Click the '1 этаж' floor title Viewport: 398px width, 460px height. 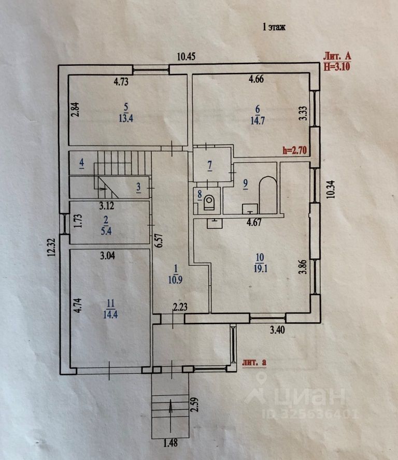274,27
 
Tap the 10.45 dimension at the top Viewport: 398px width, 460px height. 188,57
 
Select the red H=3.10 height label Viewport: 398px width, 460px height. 337,66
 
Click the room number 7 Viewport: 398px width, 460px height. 209,166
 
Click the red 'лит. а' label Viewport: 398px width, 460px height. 254,362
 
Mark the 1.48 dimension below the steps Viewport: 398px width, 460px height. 170,443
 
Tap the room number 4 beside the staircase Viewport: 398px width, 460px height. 81,165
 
